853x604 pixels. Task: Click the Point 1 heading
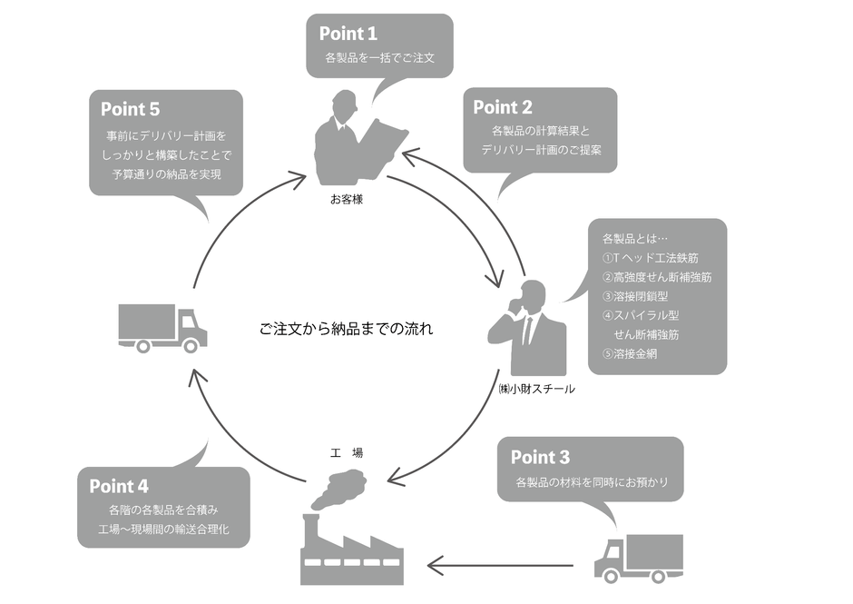[x=348, y=34]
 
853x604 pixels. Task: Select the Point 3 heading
[x=540, y=457]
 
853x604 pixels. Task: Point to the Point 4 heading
[x=119, y=486]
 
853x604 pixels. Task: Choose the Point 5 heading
[x=130, y=109]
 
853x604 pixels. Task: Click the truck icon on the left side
[x=162, y=328]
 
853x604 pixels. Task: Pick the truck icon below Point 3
[x=638, y=558]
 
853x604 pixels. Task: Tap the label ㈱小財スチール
[x=536, y=389]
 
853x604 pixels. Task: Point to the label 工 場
[x=346, y=452]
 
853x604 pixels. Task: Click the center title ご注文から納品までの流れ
[x=347, y=329]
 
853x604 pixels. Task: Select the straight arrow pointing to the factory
[x=499, y=567]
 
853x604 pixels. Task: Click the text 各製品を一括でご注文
[x=380, y=58]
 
